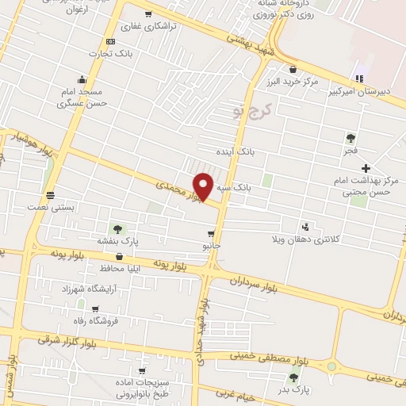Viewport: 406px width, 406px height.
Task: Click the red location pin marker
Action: [x=204, y=187]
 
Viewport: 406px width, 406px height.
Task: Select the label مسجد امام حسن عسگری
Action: [x=95, y=98]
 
